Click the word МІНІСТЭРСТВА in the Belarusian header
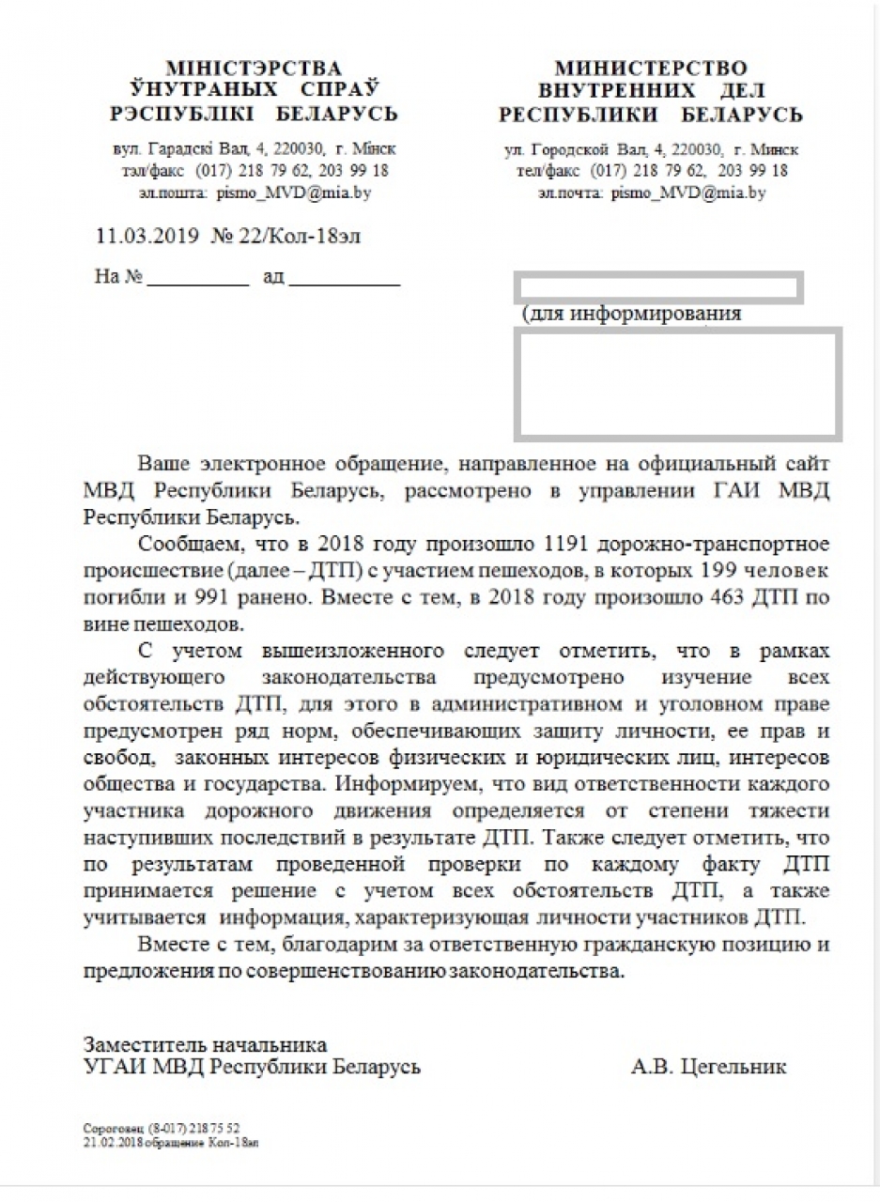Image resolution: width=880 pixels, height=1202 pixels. click(254, 68)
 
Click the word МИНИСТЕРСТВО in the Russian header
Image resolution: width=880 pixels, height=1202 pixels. click(651, 68)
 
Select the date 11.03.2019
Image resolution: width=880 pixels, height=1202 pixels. click(147, 236)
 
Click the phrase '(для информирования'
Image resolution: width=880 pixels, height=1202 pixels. click(631, 314)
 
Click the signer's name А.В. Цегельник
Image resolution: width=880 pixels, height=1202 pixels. click(709, 1067)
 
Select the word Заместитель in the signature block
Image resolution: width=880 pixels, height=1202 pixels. click(140, 1044)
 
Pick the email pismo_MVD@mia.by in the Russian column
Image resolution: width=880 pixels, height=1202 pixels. click(687, 193)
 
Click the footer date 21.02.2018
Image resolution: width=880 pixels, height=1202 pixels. click(106, 1138)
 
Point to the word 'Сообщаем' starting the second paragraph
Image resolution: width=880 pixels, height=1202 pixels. click(178, 545)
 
